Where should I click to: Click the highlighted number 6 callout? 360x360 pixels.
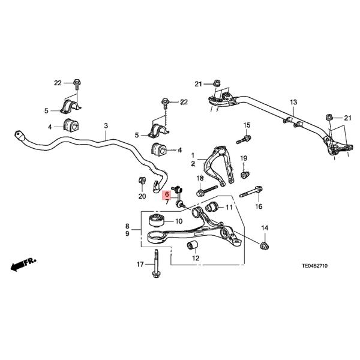(x=167, y=194)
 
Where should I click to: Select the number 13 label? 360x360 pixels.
(x=293, y=103)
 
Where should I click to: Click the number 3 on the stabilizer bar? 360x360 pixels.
(x=106, y=125)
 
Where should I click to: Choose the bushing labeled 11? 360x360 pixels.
(x=211, y=209)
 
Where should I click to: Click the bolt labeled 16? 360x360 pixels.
(x=250, y=194)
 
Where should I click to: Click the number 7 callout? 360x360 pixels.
(x=167, y=203)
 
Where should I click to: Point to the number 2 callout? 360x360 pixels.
(x=193, y=163)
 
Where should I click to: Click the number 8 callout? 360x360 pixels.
(x=127, y=226)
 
